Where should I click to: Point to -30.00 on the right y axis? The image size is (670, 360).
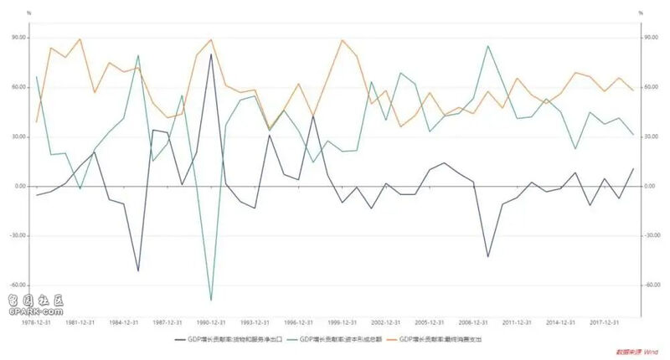[x=651, y=235]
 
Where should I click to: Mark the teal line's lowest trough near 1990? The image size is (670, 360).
[x=210, y=299]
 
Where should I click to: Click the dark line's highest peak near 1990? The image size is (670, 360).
[x=210, y=54]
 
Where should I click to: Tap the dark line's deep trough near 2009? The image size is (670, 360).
[x=488, y=256]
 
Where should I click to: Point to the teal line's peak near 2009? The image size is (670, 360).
[x=488, y=46]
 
